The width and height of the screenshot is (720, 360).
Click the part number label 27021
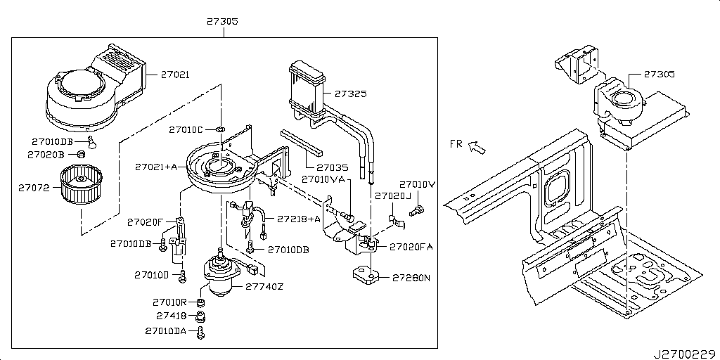click(x=175, y=74)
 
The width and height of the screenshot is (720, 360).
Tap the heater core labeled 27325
click(x=307, y=89)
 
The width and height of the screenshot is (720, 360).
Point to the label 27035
click(x=332, y=168)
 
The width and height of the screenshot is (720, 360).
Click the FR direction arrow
click(x=477, y=147)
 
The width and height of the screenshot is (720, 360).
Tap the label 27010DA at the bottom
click(x=166, y=330)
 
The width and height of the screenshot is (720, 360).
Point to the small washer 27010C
click(x=220, y=129)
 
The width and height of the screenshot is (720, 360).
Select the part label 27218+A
click(x=298, y=219)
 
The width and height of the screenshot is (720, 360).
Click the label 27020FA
click(x=411, y=247)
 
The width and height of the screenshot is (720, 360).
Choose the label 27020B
click(x=46, y=154)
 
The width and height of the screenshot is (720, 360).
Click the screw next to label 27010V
click(x=419, y=209)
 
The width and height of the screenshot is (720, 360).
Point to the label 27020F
click(x=145, y=222)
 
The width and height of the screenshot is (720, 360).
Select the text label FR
click(x=456, y=143)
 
